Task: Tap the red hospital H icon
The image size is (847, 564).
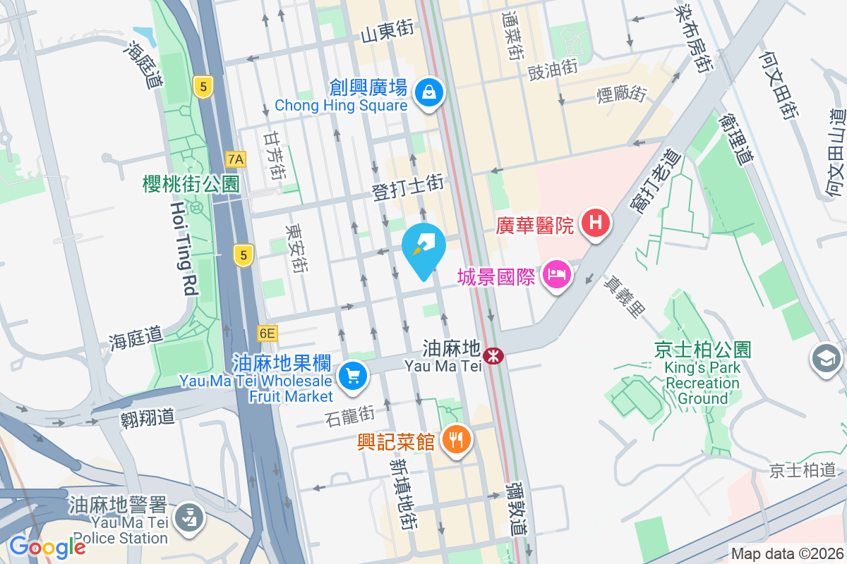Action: coord(596,223)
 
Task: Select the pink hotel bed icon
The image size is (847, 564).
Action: coord(558,276)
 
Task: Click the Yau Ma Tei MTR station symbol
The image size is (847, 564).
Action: coord(494,355)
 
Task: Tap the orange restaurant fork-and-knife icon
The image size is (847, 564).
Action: coord(457,440)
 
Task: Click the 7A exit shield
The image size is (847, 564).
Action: coord(236,159)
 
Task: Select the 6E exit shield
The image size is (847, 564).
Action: coord(268,333)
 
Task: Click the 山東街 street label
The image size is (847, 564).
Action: coord(387,32)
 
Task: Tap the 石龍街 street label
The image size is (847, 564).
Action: coord(351,416)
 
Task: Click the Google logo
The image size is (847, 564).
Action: coord(47,547)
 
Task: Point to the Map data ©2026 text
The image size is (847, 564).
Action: coord(786,554)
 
